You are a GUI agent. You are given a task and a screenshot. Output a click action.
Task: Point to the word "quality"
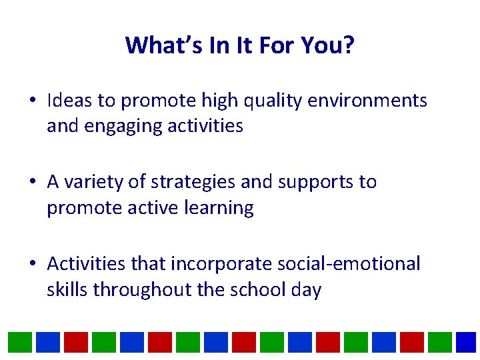[257, 101]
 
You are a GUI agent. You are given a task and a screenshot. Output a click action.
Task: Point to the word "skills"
[67, 290]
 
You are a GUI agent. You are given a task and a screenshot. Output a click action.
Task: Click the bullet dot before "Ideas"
[33, 101]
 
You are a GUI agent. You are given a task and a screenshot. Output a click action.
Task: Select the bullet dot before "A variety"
[33, 183]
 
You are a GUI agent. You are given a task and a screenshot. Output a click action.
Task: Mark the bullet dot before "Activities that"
[33, 265]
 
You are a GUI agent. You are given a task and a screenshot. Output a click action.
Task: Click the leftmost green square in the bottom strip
[20, 342]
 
